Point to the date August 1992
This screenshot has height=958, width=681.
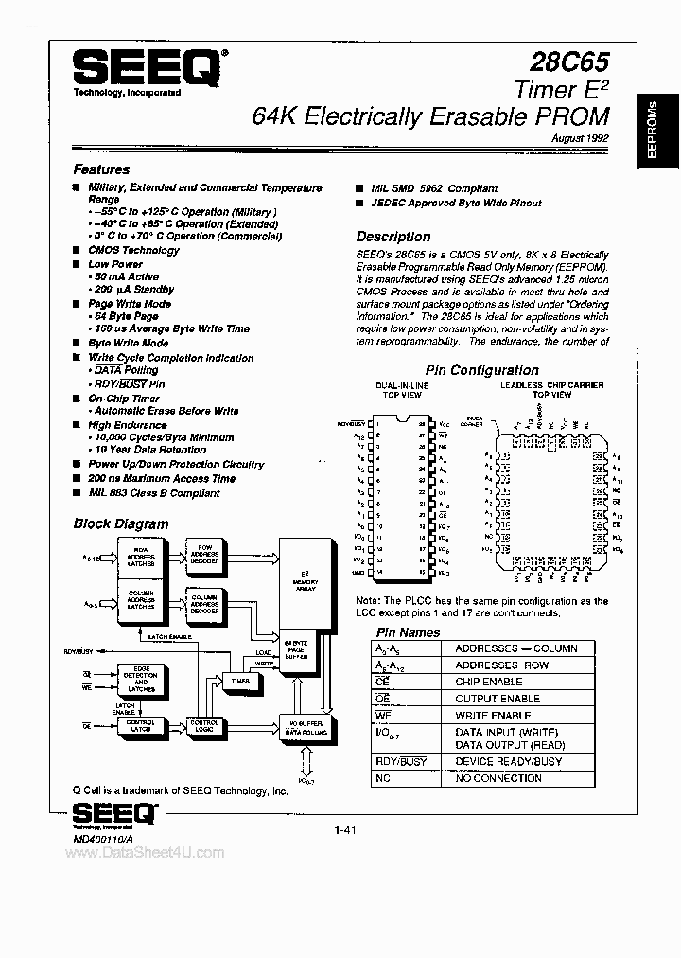click(580, 138)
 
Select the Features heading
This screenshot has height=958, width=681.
click(101, 169)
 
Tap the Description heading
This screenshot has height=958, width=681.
click(393, 237)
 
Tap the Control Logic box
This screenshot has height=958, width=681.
click(203, 727)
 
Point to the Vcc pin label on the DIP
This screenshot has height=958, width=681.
click(445, 423)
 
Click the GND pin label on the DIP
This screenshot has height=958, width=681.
click(358, 573)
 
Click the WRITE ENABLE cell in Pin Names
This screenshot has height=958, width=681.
click(493, 716)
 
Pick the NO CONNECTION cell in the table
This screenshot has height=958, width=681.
click(498, 778)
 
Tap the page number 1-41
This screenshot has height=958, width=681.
click(344, 830)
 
